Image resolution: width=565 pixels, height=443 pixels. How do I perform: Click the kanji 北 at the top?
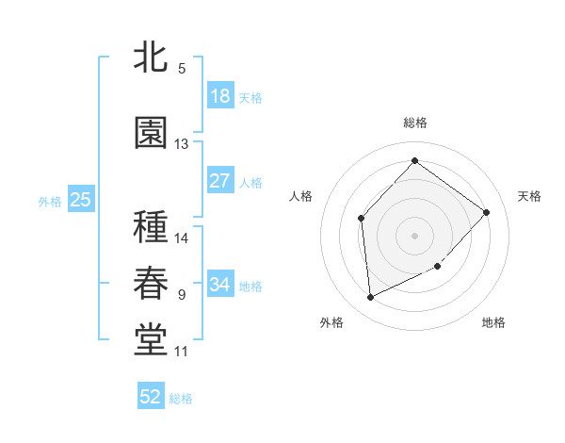pos(152,58)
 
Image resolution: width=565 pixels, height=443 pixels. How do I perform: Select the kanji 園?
pos(152,134)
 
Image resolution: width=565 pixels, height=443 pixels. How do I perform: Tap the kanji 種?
pos(152,229)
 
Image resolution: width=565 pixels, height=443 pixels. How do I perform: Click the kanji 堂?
pos(152,341)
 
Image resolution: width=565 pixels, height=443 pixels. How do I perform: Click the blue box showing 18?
pos(220,96)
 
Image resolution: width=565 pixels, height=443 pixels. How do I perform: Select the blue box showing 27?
pos(220,181)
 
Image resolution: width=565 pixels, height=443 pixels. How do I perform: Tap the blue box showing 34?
pos(220,285)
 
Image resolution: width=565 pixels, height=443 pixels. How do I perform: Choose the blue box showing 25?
pos(81,200)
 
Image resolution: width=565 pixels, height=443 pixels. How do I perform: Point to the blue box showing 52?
pos(151,397)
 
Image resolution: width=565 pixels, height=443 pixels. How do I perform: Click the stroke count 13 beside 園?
pos(182,144)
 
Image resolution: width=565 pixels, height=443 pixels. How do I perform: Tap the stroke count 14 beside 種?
pos(182,238)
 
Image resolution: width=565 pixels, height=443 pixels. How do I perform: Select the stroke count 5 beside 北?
pos(182,69)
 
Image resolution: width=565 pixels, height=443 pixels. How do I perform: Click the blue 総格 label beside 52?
pos(181,399)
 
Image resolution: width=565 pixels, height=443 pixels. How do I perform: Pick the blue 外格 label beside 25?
pos(50,201)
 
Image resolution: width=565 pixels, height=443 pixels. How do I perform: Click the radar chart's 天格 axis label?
pos(529,196)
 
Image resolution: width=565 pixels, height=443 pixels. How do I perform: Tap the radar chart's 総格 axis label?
pos(414,123)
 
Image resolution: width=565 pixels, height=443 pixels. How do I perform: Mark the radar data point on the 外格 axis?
pos(371,298)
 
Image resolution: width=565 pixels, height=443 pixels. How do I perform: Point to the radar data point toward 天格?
pos(486,212)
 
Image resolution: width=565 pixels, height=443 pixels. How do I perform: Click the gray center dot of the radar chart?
pos(414,235)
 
